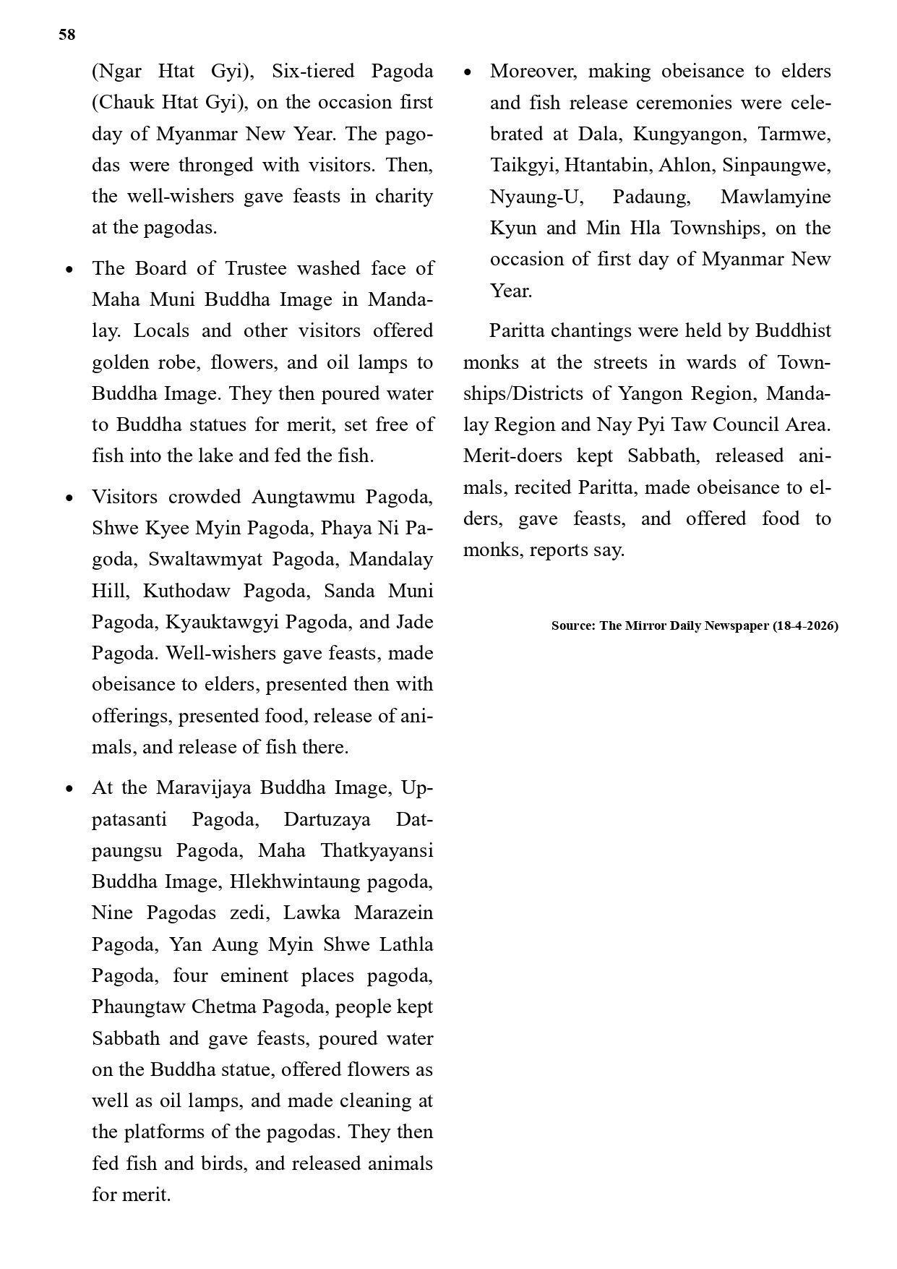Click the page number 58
(x=66, y=35)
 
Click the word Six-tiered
(x=312, y=72)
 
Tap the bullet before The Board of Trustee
(x=69, y=270)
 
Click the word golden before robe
(x=119, y=362)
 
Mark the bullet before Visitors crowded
(x=69, y=498)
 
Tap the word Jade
(x=416, y=623)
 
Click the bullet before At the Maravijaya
(x=69, y=789)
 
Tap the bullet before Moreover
(x=468, y=72)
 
